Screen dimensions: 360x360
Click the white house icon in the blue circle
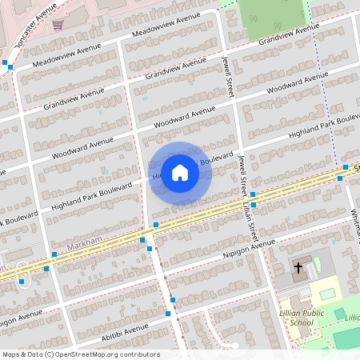click(180, 172)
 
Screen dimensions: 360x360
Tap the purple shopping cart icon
click(58, 24)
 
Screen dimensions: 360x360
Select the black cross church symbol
click(299, 268)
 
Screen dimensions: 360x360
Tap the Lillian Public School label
click(296, 317)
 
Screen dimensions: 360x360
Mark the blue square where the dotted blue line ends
click(346, 167)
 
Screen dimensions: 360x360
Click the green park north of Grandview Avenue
click(271, 16)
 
